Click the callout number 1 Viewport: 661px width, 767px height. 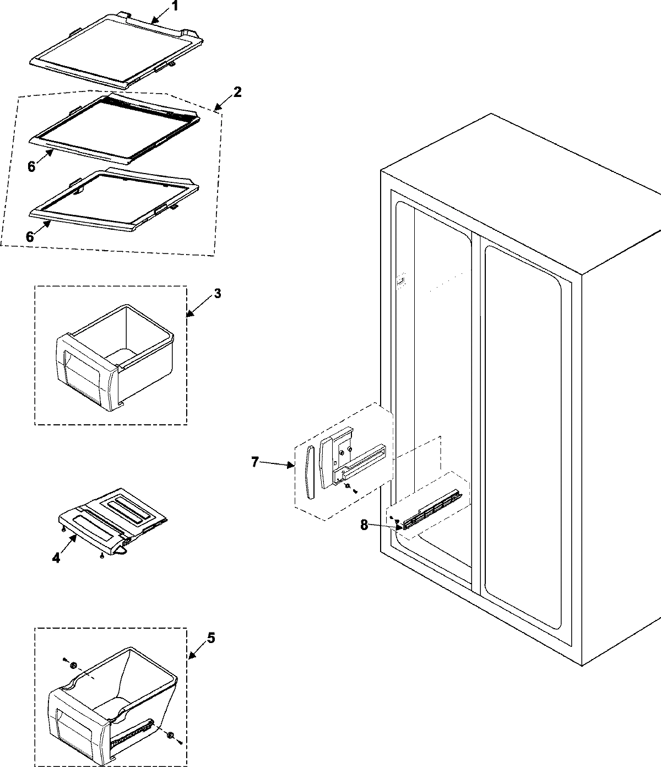[x=175, y=7]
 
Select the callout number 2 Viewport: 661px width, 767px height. [x=237, y=91]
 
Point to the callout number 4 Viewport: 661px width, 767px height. [x=56, y=558]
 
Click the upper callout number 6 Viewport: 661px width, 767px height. [x=31, y=166]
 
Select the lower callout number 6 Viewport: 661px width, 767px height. [x=30, y=236]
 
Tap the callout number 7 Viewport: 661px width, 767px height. [x=254, y=462]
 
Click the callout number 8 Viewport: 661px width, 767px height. [x=364, y=525]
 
